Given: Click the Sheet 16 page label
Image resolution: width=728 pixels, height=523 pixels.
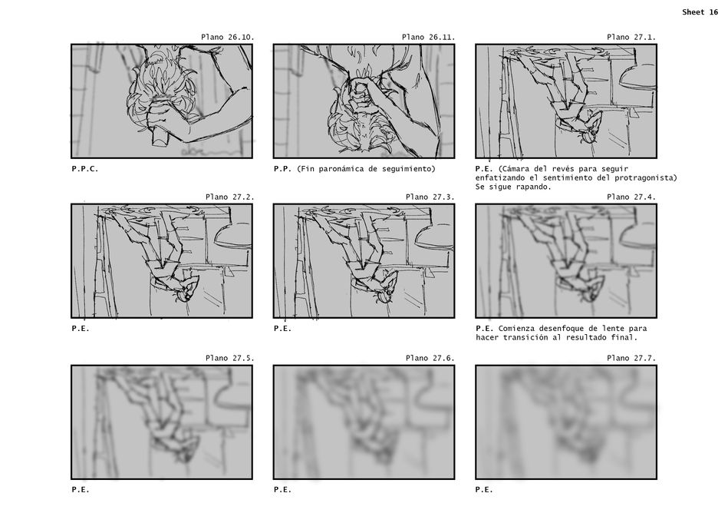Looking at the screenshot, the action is pyautogui.click(x=700, y=12).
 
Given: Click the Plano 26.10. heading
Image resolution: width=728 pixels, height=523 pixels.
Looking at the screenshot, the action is pyautogui.click(x=228, y=37).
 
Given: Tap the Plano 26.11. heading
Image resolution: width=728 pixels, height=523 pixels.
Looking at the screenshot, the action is pyautogui.click(x=429, y=37).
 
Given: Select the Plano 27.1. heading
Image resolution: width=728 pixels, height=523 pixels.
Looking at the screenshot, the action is pyautogui.click(x=631, y=37).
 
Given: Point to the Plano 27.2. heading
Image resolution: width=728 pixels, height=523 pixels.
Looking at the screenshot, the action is pyautogui.click(x=230, y=197).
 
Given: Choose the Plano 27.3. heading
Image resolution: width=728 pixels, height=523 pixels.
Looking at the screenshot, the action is pyautogui.click(x=430, y=197).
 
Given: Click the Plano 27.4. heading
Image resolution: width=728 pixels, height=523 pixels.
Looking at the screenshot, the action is pyautogui.click(x=631, y=197).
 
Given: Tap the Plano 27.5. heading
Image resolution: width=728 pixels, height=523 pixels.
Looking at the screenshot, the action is pyautogui.click(x=230, y=358).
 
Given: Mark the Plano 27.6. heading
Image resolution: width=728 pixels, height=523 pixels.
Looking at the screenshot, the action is pyautogui.click(x=430, y=358).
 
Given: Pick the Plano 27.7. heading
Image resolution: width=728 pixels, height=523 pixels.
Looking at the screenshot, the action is pyautogui.click(x=631, y=358).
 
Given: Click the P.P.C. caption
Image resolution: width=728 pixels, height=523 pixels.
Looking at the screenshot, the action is pyautogui.click(x=85, y=169).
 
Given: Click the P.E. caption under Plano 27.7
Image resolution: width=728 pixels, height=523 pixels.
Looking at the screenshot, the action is pyautogui.click(x=484, y=489).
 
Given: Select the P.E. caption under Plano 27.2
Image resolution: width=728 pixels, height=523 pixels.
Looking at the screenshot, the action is pyautogui.click(x=81, y=329).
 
